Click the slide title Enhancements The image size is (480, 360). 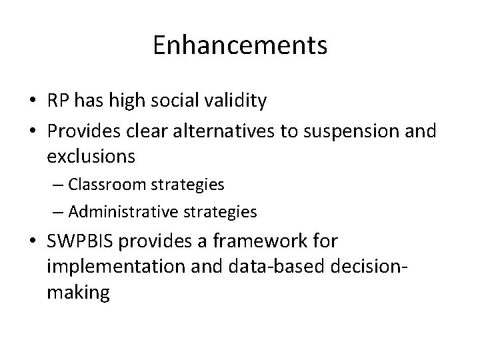(239, 45)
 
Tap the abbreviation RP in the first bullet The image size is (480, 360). (58, 101)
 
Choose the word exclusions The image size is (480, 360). (91, 157)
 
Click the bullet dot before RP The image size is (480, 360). (32, 101)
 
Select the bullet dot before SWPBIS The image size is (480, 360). (32, 241)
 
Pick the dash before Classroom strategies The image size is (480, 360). (58, 184)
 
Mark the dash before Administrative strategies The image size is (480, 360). (58, 212)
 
